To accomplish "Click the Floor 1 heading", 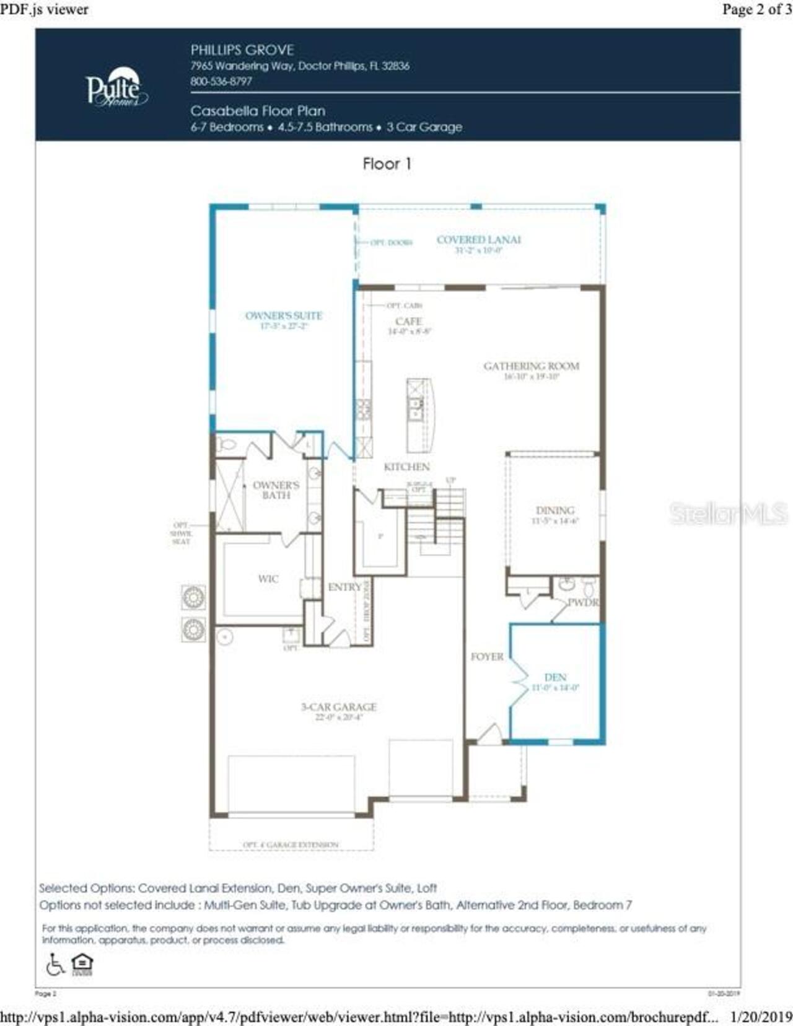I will click(x=387, y=164).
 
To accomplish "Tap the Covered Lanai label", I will click(x=478, y=240).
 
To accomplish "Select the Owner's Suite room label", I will click(x=284, y=316).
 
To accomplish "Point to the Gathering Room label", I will click(x=531, y=366).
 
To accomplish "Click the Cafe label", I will click(x=408, y=322).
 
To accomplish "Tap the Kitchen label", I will click(x=406, y=467).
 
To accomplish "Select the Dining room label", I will click(x=554, y=511).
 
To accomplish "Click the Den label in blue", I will click(x=555, y=678).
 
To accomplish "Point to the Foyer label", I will click(x=487, y=657).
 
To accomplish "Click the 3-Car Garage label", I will click(x=339, y=707).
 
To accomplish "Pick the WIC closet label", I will click(x=268, y=579).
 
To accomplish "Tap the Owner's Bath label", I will click(x=276, y=490).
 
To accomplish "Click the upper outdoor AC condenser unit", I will click(x=193, y=597).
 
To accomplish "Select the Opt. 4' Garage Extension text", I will click(x=291, y=845).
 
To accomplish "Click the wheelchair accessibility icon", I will click(x=56, y=964).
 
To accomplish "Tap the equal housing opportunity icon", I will click(x=82, y=964).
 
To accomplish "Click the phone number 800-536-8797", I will click(x=221, y=82).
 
